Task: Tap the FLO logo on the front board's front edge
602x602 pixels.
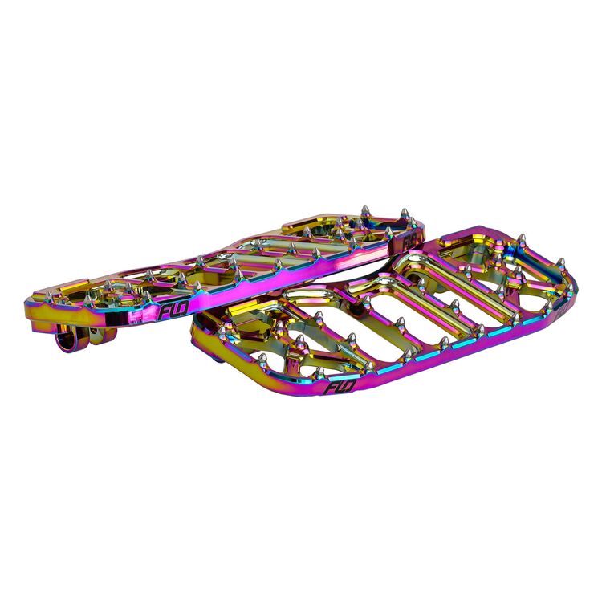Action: [337, 388]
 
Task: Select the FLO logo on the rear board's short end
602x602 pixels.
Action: [409, 239]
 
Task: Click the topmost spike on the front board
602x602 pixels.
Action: [522, 239]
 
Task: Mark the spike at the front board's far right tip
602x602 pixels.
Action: [562, 265]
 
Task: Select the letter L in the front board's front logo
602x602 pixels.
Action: [337, 389]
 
